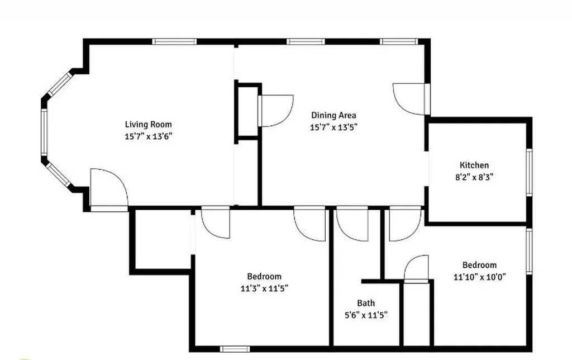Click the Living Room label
(148, 125)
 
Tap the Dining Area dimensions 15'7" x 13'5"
(333, 127)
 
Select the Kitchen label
(474, 165)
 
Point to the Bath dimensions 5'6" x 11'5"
(366, 315)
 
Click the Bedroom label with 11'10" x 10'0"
(479, 265)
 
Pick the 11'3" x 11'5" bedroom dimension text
(264, 288)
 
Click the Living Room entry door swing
(109, 188)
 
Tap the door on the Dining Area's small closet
(275, 111)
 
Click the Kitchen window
(529, 172)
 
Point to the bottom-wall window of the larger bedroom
(235, 349)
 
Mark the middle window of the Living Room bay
(44, 132)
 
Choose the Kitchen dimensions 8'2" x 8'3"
(474, 177)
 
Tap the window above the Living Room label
(174, 41)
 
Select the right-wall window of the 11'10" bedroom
(529, 251)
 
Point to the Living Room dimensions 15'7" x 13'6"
(148, 136)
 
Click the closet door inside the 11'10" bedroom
(416, 269)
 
